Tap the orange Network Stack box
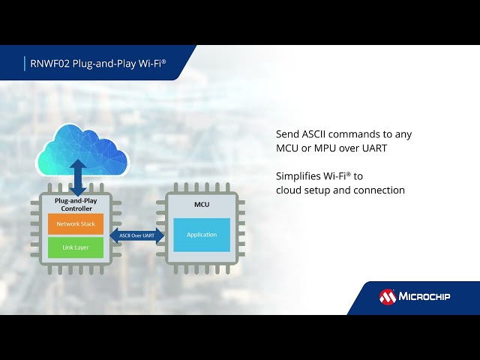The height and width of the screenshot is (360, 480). click(74, 223)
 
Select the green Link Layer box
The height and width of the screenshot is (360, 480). click(74, 247)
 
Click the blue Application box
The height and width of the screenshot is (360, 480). click(202, 235)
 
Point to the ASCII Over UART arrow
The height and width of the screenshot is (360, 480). click(138, 235)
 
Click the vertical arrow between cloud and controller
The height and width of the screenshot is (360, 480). click(78, 177)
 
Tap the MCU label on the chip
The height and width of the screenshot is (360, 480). click(202, 205)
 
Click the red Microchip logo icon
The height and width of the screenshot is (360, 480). click(388, 297)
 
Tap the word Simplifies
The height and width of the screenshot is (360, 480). click(298, 176)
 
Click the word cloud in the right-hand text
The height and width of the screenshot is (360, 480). click(289, 190)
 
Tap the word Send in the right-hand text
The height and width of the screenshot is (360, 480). click(287, 134)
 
